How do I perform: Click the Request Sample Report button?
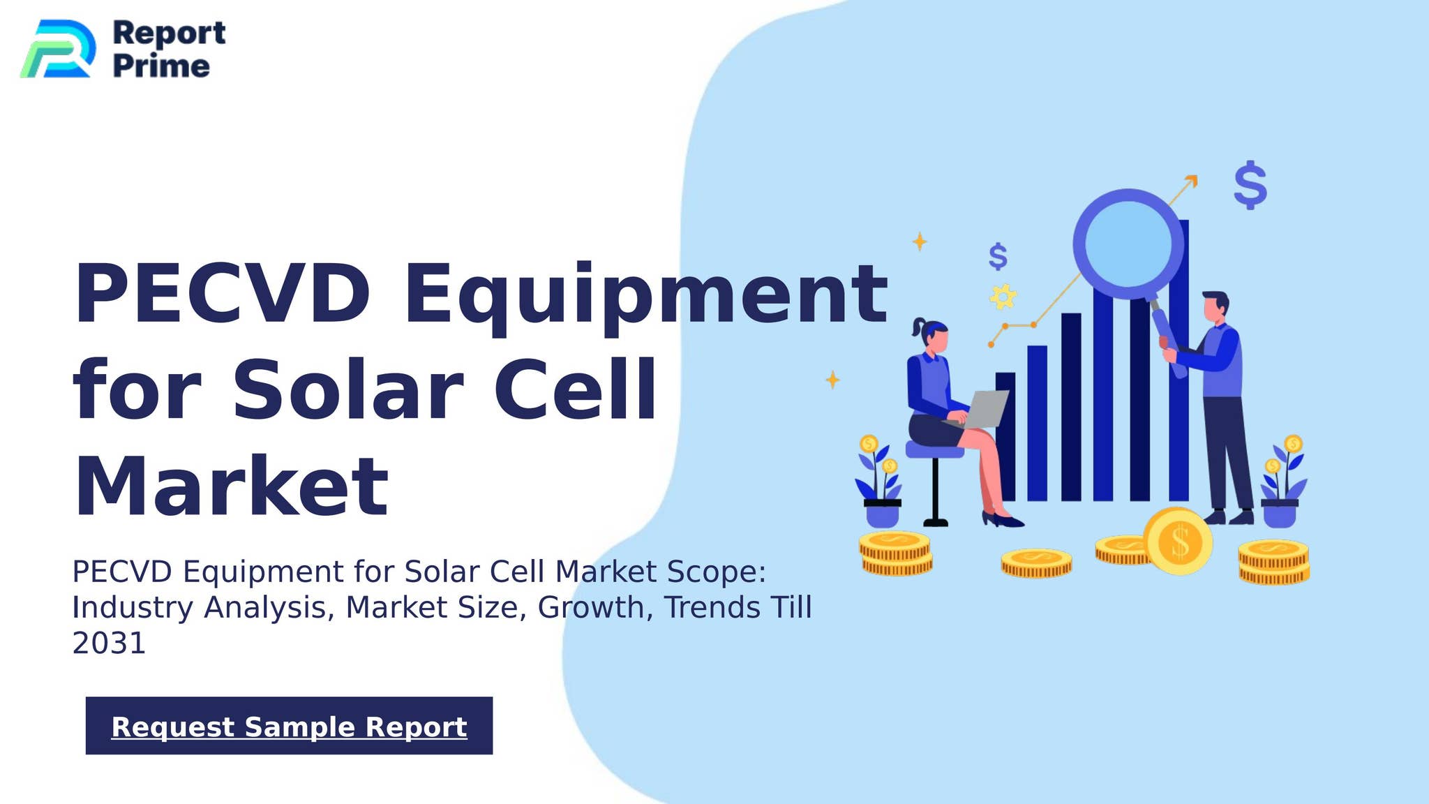click(289, 726)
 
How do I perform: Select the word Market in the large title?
click(230, 486)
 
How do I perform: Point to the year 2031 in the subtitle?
click(109, 643)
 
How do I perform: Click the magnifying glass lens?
click(1128, 244)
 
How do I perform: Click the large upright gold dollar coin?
click(1179, 542)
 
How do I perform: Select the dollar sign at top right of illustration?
click(1250, 185)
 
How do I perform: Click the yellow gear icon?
click(1003, 297)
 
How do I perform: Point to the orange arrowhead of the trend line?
click(1192, 180)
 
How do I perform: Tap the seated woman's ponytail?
click(919, 328)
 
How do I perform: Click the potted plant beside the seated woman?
click(881, 485)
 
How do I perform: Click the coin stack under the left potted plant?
click(896, 553)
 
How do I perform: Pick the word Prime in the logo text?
click(161, 66)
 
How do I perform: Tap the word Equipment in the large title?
click(645, 295)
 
